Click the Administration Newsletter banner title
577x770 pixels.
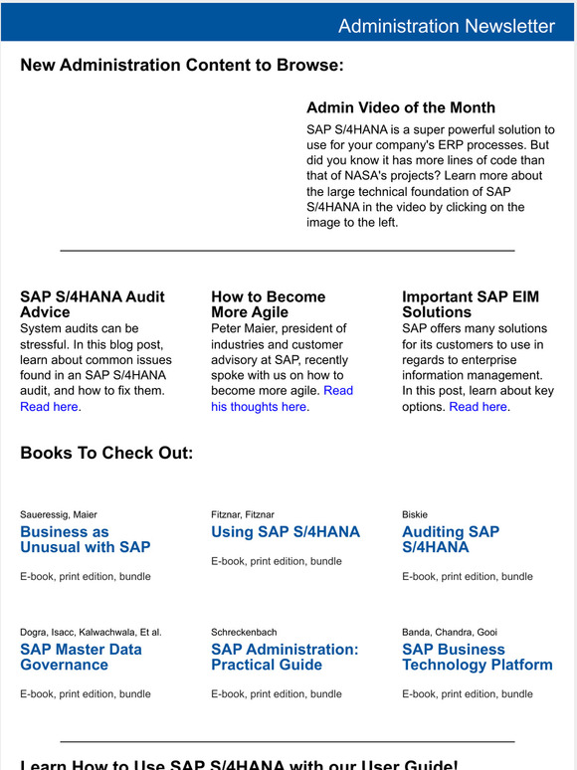446,26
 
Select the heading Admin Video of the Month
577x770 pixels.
400,107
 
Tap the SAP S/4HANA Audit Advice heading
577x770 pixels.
92,303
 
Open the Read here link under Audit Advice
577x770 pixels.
49,407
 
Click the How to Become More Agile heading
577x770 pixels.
268,303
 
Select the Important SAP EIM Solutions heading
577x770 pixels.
472,303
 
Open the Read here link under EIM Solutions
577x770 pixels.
479,407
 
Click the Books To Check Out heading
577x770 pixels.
106,454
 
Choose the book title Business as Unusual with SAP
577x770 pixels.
85,539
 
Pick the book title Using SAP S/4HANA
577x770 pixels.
286,532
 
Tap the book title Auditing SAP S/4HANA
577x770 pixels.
450,539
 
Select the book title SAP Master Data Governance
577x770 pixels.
81,657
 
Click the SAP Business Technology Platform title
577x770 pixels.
477,657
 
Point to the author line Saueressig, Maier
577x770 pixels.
59,514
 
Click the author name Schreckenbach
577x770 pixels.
244,632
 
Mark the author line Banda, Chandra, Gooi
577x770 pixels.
450,632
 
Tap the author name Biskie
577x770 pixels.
415,514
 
